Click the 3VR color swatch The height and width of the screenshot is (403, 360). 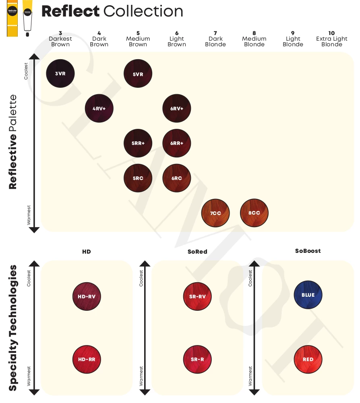coord(61,74)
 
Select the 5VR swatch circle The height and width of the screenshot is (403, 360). coord(138,74)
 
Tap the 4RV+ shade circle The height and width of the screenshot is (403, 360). coord(99,108)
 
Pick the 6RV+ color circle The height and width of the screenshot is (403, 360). coord(176,108)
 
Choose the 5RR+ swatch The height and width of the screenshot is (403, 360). coord(138,143)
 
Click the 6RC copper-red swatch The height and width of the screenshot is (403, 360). coord(176,178)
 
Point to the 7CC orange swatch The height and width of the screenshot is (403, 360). coord(215,213)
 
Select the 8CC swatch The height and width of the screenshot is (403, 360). coord(254,213)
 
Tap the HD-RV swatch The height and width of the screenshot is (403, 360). coord(87,297)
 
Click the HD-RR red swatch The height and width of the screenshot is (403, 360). coord(87,359)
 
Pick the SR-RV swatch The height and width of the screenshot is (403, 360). coord(197,297)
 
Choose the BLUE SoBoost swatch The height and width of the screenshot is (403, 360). coord(308,295)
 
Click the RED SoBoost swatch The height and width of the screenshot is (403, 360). coord(308,359)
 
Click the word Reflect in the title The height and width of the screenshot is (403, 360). coord(70,11)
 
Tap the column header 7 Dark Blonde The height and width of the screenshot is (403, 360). coord(215,39)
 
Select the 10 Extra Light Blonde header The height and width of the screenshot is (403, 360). coord(331,39)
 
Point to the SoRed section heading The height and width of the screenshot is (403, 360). coord(197,252)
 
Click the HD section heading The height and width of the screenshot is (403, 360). coord(87,252)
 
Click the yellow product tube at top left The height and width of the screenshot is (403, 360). coord(12,18)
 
